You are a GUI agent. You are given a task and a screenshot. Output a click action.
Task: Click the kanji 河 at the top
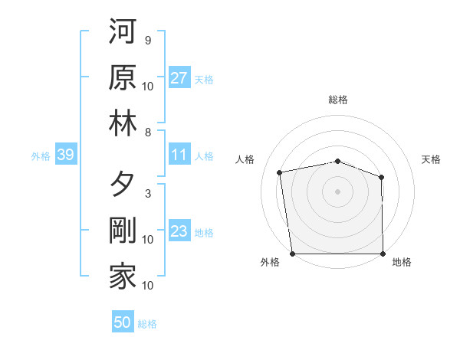point(123,34)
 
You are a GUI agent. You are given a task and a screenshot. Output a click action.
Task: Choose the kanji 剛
point(123,231)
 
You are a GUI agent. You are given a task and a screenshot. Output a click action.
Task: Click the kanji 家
point(123,277)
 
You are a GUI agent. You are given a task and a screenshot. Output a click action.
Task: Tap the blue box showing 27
point(179,77)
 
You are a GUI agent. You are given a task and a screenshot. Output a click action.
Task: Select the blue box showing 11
point(179,155)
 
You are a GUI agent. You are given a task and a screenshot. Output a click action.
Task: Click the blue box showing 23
point(179,231)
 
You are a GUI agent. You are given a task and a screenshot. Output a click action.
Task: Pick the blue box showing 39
point(65,155)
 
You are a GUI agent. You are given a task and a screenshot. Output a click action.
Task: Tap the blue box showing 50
point(123,322)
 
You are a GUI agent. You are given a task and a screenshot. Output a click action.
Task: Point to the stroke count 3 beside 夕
point(147,194)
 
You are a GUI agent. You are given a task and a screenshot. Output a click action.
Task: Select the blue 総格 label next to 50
point(147,324)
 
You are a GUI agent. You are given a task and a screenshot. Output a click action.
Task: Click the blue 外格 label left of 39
point(41,156)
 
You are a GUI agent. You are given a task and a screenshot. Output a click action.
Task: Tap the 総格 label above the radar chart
point(337,100)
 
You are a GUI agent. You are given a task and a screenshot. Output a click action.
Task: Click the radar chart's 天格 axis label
point(431,159)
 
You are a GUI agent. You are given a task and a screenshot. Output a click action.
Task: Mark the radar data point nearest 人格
point(280,172)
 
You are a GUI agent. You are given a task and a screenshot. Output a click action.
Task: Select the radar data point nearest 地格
point(383,254)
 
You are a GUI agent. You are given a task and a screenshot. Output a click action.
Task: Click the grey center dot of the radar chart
point(337,191)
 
